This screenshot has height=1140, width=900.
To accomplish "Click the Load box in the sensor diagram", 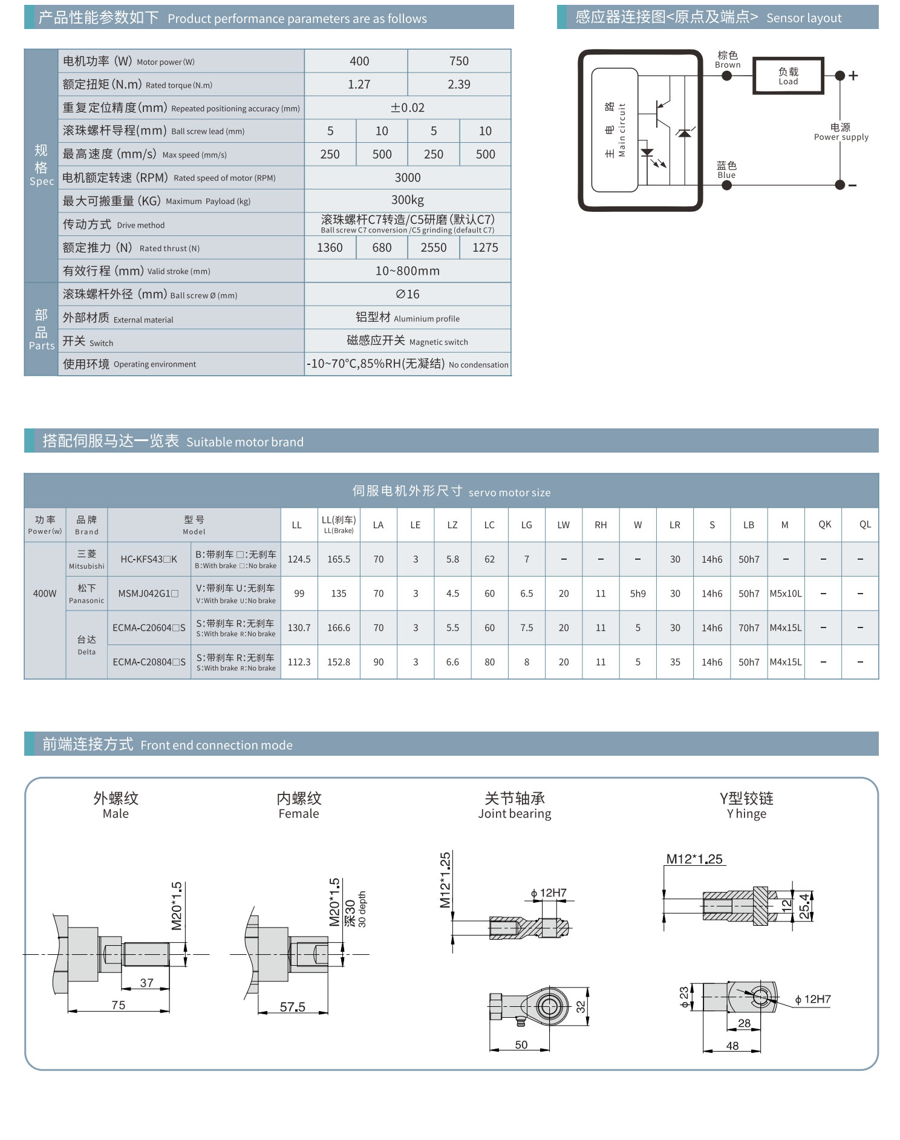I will pos(787,76).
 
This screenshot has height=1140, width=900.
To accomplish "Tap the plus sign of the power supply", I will pos(853,76).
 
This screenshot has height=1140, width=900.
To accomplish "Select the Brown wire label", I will pos(728,60).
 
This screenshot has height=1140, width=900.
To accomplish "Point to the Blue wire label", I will pos(726,170).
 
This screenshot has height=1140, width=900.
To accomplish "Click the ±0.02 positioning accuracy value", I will pos(408,108).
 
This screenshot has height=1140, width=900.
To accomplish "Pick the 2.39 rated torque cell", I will pos(459,85).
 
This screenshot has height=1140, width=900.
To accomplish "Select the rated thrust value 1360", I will pos(330,247).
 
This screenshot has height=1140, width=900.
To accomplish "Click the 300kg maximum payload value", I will pos(408,200).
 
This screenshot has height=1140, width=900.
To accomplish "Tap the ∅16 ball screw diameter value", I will pos(408,294).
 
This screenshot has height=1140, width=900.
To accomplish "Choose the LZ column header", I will pos(452,525).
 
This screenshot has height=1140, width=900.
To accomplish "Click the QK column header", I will pos(824,525).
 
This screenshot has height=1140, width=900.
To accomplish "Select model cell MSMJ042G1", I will pos(148,594).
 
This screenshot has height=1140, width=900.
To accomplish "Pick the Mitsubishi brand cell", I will pos(86,559).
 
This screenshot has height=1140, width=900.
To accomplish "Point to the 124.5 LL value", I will pos(299,560).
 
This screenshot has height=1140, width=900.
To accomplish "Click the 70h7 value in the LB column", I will pos(749,628).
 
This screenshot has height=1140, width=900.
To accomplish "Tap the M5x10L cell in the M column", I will pos(786,594).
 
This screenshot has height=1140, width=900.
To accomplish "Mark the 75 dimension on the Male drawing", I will pos(119,1005).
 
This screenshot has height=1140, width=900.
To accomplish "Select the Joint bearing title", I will pos(515,805).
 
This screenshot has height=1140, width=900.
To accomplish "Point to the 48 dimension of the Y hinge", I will pos(732,1046).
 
